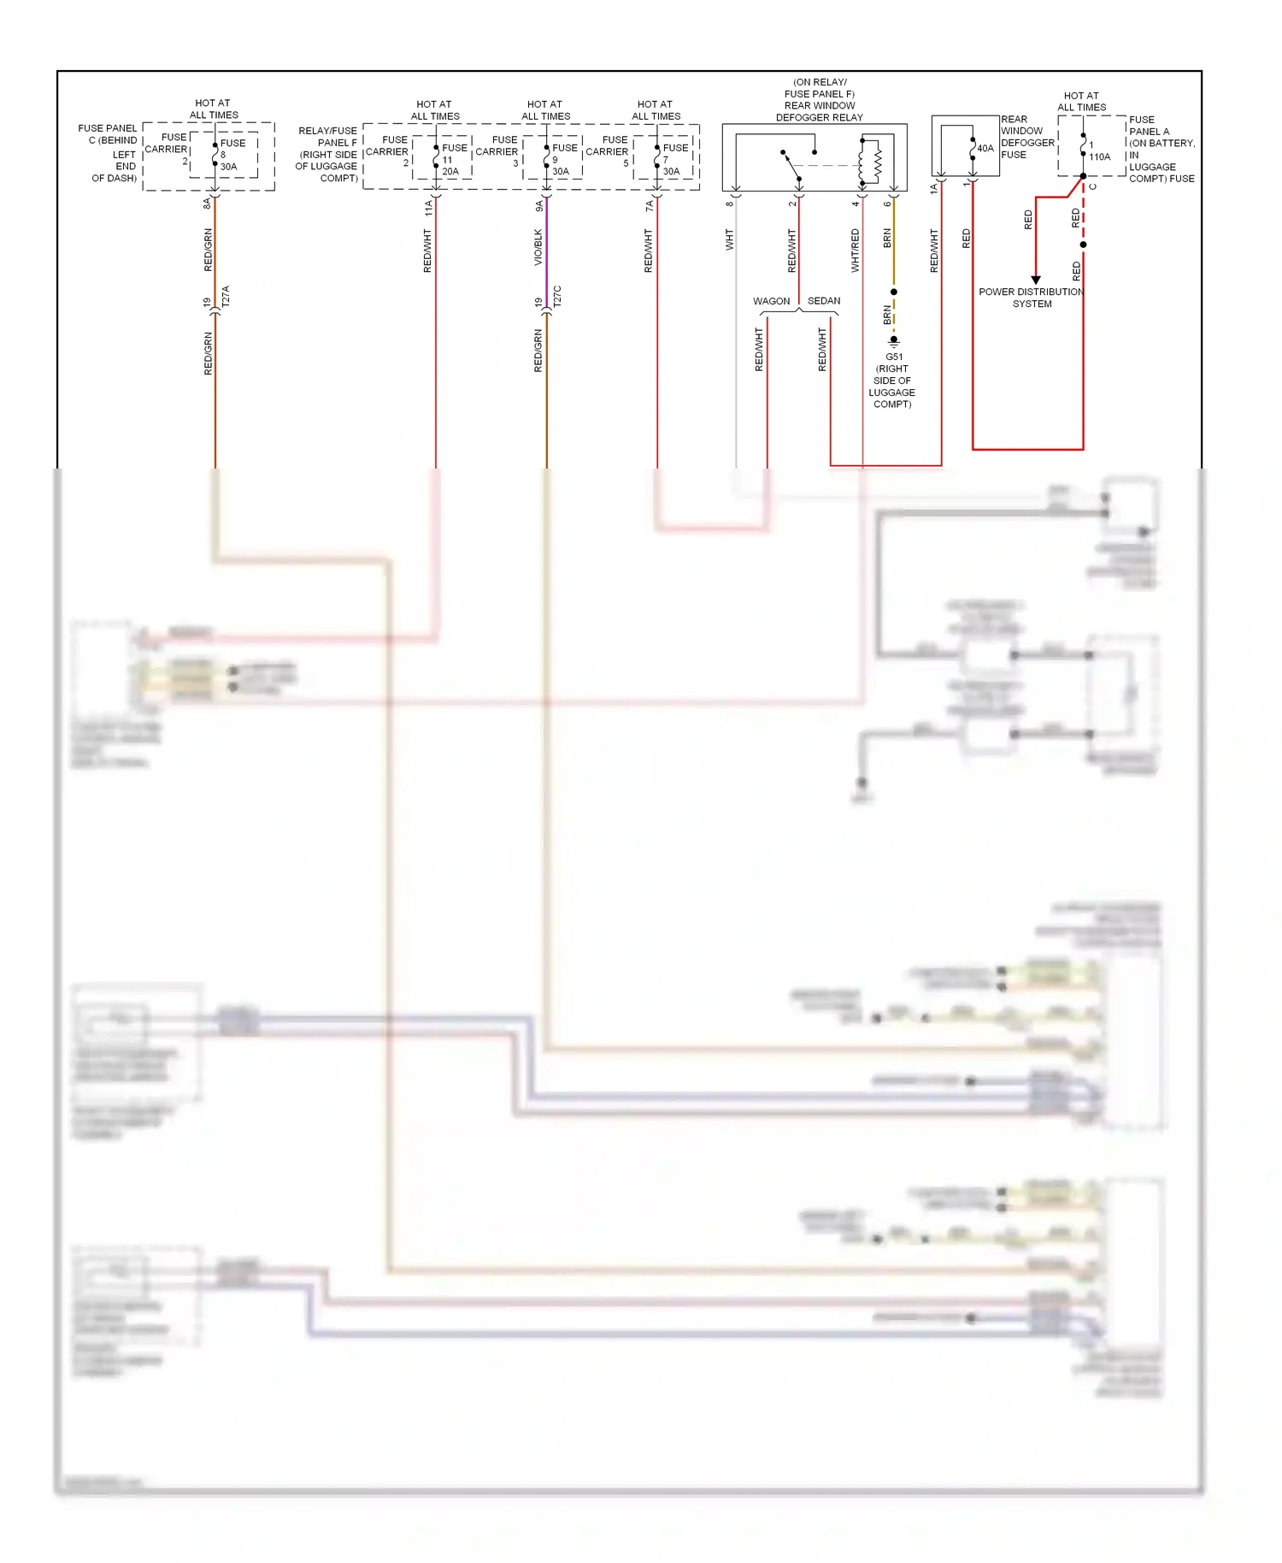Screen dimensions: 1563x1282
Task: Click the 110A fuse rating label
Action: (x=1099, y=157)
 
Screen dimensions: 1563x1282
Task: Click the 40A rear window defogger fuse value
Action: (x=985, y=149)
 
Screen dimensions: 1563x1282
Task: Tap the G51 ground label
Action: (x=893, y=357)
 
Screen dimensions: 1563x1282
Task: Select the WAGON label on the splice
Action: (x=771, y=301)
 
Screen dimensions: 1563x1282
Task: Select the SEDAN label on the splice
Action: (x=824, y=301)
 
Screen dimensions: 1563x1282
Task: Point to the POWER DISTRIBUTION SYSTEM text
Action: (x=1032, y=298)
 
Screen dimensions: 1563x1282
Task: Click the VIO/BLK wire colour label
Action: (x=538, y=247)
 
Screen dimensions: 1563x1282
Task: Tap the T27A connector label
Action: (x=226, y=297)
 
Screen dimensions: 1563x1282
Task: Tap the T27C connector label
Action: (x=557, y=297)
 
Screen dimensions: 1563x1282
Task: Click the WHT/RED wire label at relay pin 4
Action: (x=855, y=251)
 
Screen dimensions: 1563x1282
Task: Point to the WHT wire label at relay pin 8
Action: (x=729, y=239)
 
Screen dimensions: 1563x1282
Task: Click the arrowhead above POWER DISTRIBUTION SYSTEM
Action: (x=1036, y=280)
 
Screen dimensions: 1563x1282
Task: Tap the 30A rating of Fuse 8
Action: (x=229, y=167)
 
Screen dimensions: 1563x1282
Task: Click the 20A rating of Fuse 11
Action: (x=450, y=172)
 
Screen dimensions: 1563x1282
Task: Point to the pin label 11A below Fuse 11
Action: (x=428, y=207)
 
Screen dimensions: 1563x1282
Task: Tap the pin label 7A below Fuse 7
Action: (x=649, y=206)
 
